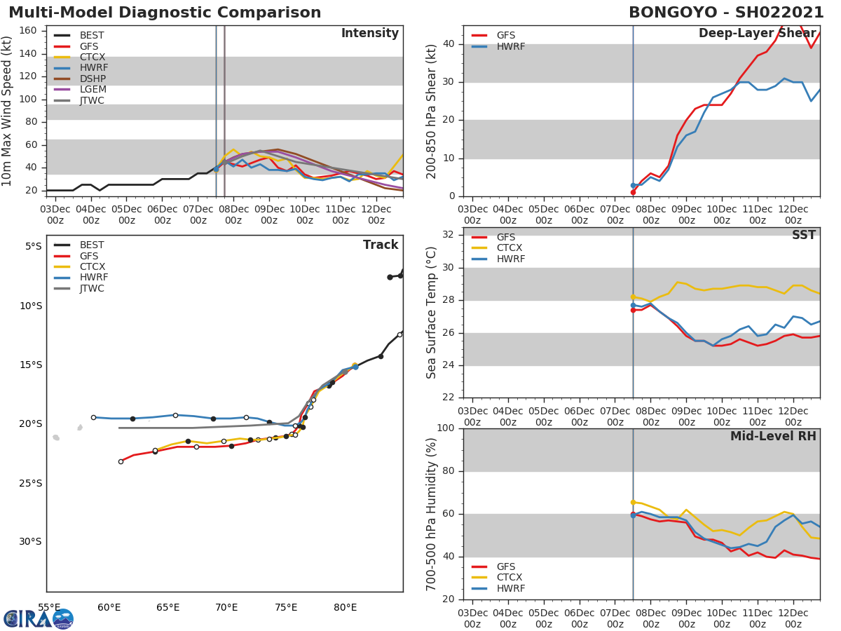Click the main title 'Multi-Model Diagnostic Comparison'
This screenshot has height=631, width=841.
(165, 13)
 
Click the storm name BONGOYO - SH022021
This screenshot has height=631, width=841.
(726, 13)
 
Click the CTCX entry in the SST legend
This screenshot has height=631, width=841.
(510, 248)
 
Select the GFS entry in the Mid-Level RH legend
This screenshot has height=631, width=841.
(506, 566)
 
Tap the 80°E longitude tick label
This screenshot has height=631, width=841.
(346, 607)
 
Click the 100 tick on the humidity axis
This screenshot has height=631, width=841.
(445, 428)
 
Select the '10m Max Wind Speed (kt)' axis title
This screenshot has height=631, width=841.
(8, 111)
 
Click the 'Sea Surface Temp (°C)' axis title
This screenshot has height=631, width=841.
(432, 313)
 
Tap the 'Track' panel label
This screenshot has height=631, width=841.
(381, 245)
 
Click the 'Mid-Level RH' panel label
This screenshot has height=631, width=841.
(773, 436)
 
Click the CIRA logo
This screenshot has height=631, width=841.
(38, 618)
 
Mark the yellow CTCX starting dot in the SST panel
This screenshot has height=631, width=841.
(633, 297)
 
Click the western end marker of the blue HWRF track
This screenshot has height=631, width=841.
(93, 417)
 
